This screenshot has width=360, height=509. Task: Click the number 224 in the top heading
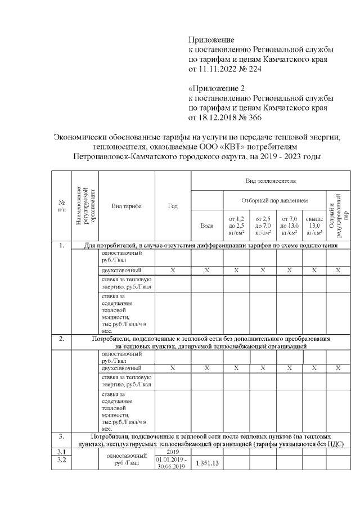click(x=254, y=69)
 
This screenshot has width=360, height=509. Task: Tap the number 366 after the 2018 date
click(x=254, y=118)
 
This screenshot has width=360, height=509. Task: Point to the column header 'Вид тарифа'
click(x=126, y=206)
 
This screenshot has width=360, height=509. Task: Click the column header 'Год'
click(x=173, y=206)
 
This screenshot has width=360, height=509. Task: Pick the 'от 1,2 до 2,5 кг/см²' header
click(x=236, y=225)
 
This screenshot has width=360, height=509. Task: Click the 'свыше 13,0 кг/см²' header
click(x=314, y=225)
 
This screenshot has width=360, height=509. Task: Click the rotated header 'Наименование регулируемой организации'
click(x=86, y=206)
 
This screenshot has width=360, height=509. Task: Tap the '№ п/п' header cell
click(x=61, y=206)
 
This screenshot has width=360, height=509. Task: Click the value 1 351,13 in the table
click(x=207, y=463)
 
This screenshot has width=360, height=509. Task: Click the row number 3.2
click(x=61, y=461)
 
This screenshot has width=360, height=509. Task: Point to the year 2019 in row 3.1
click(x=173, y=452)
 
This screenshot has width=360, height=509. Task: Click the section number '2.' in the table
click(x=61, y=339)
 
